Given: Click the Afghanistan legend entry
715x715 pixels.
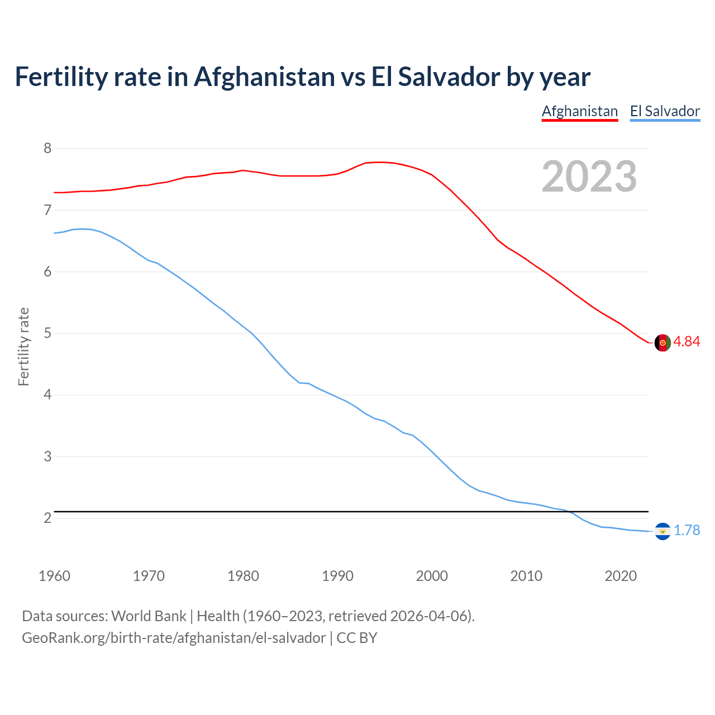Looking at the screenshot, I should [x=580, y=111].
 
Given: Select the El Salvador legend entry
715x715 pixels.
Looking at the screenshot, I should [x=665, y=111].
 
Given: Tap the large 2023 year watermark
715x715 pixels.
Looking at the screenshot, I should [x=589, y=177].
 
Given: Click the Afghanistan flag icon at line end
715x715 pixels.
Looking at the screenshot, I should [x=662, y=343].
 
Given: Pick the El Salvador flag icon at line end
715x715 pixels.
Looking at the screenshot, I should [x=662, y=531].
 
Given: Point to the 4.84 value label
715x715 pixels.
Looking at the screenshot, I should [x=687, y=341].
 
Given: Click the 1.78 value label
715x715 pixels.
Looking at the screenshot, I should [x=687, y=530].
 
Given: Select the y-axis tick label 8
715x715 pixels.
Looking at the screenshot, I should [x=47, y=149].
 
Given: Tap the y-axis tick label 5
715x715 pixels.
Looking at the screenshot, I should [x=47, y=333].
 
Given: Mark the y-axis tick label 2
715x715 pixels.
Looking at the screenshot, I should [x=47, y=518].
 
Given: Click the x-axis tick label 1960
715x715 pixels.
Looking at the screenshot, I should [x=54, y=576].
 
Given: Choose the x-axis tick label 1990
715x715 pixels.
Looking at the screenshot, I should [x=337, y=576].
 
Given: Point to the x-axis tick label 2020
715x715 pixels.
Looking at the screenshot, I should [x=621, y=576].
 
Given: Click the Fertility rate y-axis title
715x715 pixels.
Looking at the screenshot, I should [x=23, y=346].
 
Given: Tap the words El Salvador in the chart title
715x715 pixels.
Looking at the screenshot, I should [x=436, y=77].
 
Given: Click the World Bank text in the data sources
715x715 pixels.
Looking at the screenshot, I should [x=149, y=616].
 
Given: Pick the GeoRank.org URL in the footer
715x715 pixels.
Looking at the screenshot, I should [x=174, y=638].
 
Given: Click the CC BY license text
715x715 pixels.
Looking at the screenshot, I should [x=357, y=638].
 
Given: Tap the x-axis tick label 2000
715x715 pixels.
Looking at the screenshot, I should [x=432, y=576].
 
